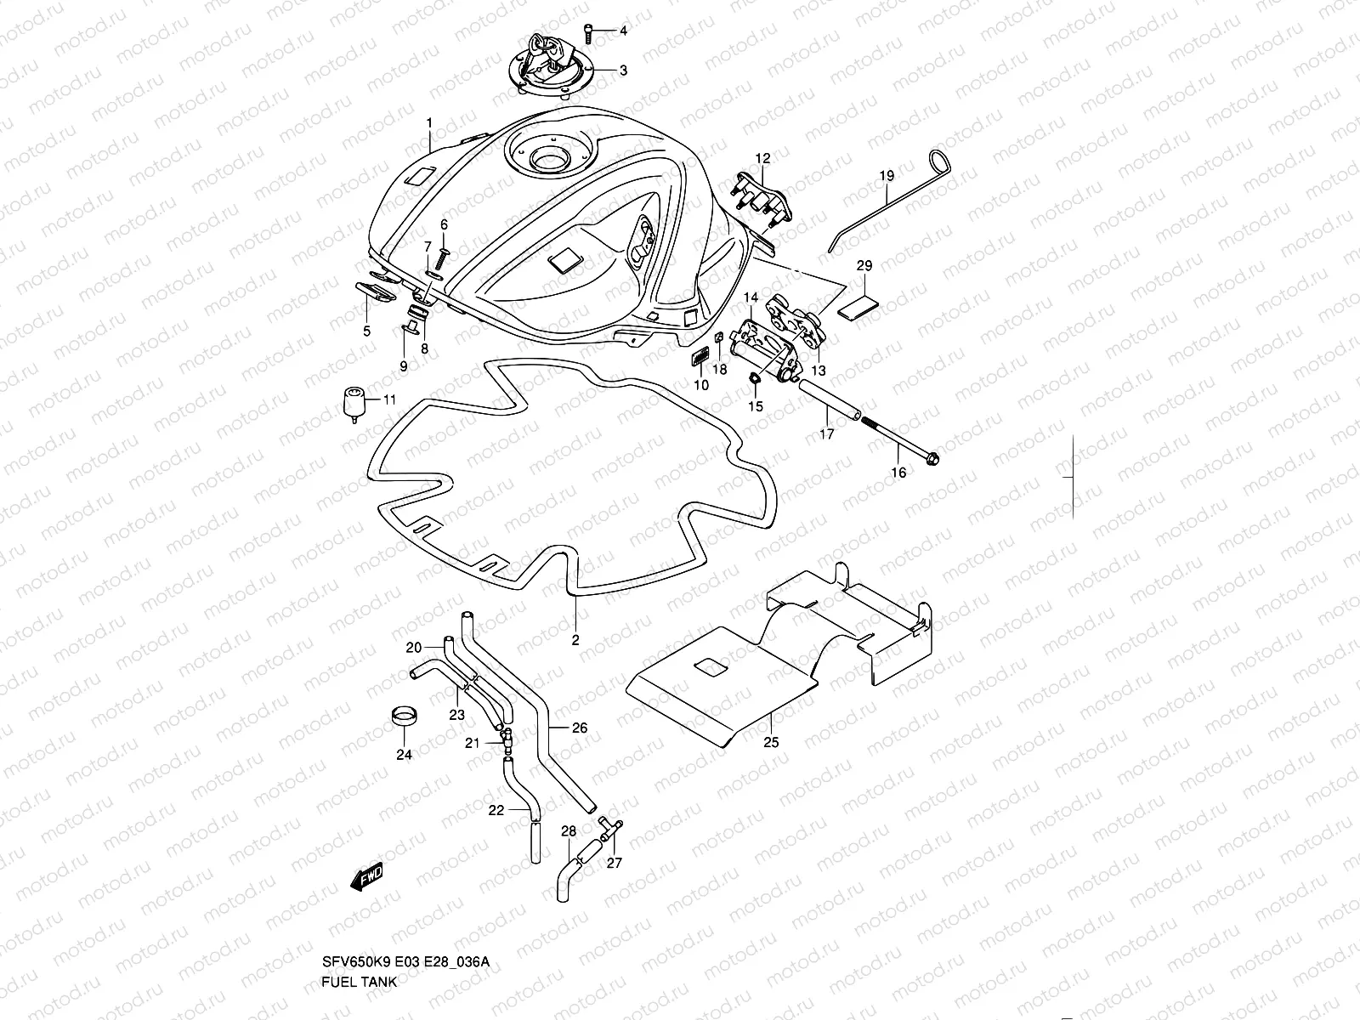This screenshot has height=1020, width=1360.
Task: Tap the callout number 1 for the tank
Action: pyautogui.click(x=430, y=122)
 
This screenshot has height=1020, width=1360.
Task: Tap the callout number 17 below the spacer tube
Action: pyautogui.click(x=827, y=434)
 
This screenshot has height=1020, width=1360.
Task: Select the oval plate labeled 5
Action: pyautogui.click(x=373, y=290)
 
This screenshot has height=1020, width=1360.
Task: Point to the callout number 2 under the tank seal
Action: pyautogui.click(x=575, y=640)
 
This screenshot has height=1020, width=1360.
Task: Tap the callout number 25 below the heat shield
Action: pyautogui.click(x=770, y=743)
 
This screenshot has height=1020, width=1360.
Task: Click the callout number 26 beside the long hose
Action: pyautogui.click(x=579, y=728)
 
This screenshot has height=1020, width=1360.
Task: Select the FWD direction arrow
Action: pyautogui.click(x=367, y=877)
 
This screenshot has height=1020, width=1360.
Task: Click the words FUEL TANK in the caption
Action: pyautogui.click(x=359, y=981)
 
